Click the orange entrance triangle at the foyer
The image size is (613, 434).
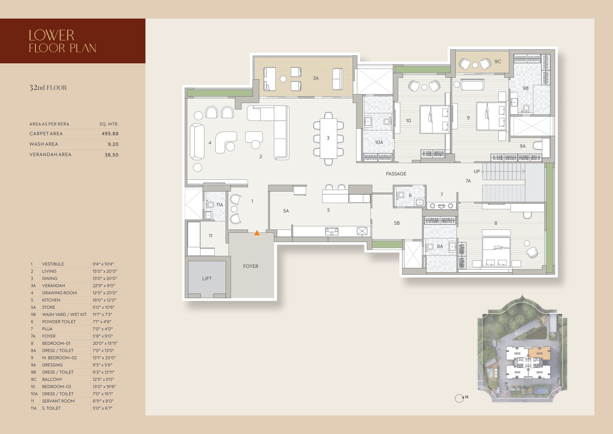(257, 233)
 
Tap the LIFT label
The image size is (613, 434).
(207, 279)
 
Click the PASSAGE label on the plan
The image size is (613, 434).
(396, 174)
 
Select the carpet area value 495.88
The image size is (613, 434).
(110, 134)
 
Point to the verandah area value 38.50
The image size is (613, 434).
(111, 155)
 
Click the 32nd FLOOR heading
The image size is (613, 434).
(48, 88)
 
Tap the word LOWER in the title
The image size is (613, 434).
(51, 35)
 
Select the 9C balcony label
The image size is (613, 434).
(498, 62)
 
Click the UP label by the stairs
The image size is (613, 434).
(477, 172)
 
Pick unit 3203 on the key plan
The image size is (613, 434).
(539, 353)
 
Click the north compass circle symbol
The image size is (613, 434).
(459, 398)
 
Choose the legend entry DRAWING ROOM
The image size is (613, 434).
(59, 293)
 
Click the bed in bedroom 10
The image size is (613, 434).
(434, 119)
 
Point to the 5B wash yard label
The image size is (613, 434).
(397, 223)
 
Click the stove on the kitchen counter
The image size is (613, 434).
(332, 232)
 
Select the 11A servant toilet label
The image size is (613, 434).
(220, 205)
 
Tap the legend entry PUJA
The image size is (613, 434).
(47, 329)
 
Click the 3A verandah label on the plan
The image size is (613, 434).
(316, 78)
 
